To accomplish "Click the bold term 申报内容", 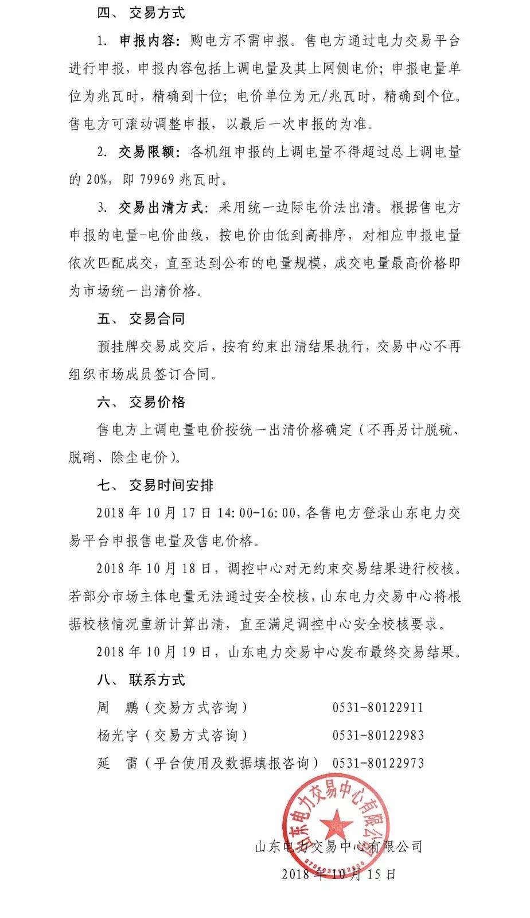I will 146,41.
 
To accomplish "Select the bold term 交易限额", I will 146,152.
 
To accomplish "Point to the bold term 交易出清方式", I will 161,208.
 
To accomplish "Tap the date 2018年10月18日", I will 153,569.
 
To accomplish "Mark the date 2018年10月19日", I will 153,652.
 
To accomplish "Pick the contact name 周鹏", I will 118,708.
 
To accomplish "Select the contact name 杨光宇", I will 118,736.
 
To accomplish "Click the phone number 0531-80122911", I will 378,708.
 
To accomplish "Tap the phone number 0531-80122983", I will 378,736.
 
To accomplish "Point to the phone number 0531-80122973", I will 378,764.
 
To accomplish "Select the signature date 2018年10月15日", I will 338,874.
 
